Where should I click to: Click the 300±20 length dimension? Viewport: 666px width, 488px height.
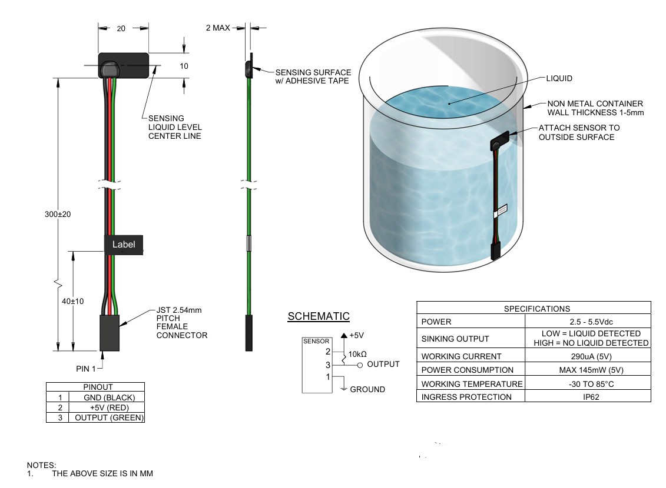tap(58, 214)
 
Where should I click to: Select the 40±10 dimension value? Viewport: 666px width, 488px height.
tap(73, 301)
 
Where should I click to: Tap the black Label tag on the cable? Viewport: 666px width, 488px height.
tap(123, 245)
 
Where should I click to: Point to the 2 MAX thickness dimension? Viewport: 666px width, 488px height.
tap(218, 28)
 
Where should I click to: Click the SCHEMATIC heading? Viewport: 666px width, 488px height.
tap(319, 316)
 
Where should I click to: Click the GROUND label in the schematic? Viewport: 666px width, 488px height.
tap(367, 389)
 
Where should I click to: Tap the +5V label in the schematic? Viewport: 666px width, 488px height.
tap(356, 335)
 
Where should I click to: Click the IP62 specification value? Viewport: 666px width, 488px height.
tap(587, 397)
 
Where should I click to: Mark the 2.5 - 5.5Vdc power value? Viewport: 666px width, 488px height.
tap(587, 322)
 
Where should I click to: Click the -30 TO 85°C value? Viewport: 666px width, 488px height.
tap(587, 383)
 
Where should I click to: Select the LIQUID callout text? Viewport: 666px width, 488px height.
tap(559, 78)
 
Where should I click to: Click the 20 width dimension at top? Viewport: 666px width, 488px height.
tap(121, 28)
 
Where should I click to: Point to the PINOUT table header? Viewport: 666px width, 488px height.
tap(98, 387)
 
